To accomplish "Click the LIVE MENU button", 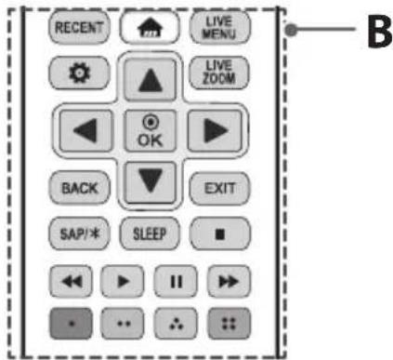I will (214, 28).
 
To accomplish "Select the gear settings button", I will (79, 73).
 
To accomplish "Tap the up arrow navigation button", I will (147, 81).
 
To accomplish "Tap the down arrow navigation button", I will (147, 179).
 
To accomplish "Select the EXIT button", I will (214, 187).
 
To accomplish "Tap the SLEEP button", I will (147, 233).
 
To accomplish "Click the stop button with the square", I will (214, 233).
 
